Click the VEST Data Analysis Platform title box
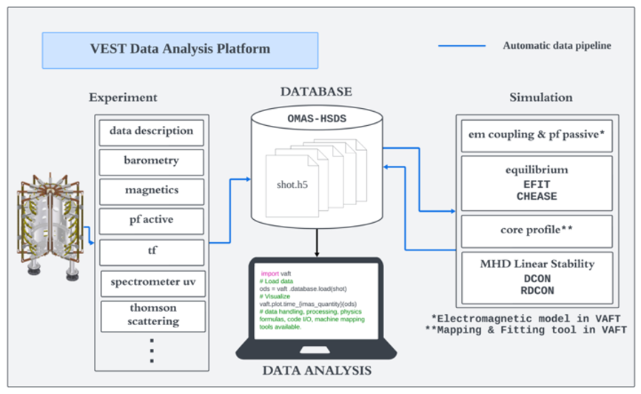[180, 50]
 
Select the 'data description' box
[151, 131]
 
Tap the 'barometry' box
[151, 160]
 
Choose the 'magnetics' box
[151, 190]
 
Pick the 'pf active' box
[151, 221]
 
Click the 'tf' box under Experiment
[151, 252]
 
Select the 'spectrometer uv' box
[151, 282]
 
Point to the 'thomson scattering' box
[151, 315]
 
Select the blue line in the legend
[462, 46]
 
